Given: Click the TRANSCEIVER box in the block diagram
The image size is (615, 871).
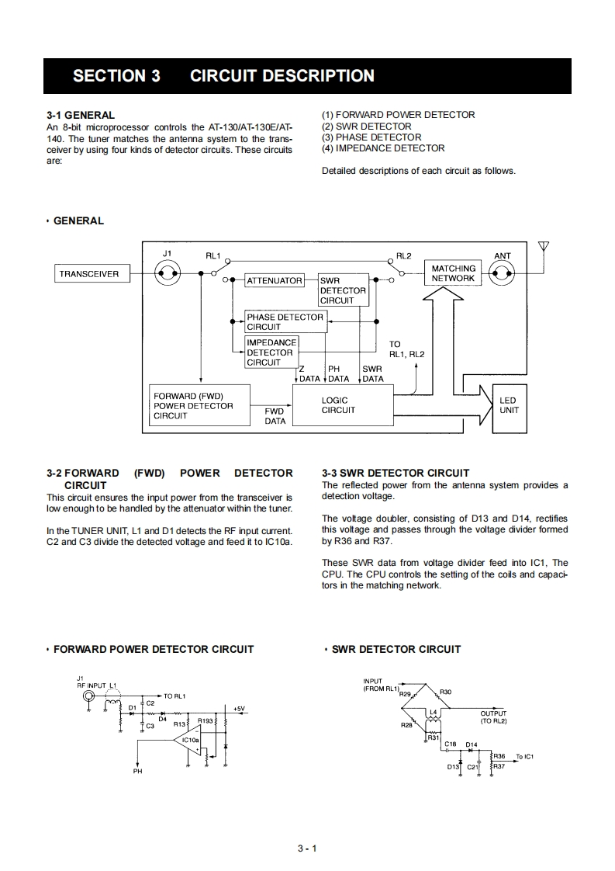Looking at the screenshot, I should [89, 273].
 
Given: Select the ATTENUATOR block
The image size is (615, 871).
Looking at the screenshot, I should [274, 280].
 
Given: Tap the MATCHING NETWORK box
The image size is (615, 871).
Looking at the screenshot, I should [453, 273].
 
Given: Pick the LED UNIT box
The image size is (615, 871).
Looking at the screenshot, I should [508, 405].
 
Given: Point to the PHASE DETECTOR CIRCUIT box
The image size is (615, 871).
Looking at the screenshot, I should [285, 321].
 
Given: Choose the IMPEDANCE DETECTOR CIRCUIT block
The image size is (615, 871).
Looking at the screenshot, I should [271, 352].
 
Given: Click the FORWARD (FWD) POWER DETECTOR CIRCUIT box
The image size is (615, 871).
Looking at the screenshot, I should [199, 405].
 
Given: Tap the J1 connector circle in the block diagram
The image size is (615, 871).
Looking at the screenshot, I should [167, 272].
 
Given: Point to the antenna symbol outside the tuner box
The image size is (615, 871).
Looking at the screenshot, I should [544, 248].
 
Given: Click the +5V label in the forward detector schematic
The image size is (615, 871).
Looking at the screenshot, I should [239, 708].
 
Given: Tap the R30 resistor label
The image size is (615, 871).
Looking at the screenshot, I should [445, 691].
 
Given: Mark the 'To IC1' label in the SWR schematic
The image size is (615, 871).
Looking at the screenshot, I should [525, 756].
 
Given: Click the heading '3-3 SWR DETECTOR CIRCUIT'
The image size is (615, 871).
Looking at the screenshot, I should [396, 473].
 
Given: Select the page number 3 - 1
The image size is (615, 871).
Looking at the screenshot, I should [307, 848].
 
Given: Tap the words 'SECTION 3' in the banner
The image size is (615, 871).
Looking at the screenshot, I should [116, 76].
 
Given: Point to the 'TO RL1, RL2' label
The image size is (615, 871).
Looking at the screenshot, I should [406, 349].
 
